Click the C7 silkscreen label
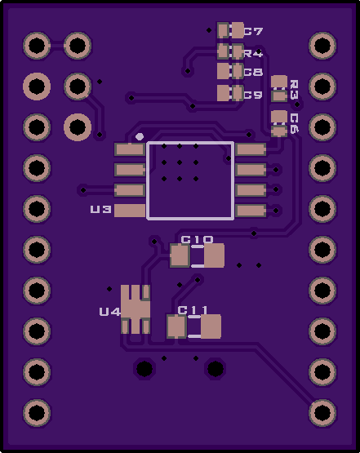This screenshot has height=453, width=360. click(253, 31)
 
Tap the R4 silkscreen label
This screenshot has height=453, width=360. click(253, 53)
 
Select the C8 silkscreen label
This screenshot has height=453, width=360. click(253, 72)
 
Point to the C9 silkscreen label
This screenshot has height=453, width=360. click(253, 95)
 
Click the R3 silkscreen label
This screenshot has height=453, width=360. click(294, 90)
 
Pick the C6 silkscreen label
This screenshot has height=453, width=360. click(294, 123)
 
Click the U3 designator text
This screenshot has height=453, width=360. click(101, 209)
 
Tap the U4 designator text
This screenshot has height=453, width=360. click(109, 312)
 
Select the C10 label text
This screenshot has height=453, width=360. click(197, 239)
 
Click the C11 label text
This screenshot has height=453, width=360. click(193, 310)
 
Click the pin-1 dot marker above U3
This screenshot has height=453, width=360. click(140, 136)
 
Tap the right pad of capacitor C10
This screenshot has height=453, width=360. click(214, 255)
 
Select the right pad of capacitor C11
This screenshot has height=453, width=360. click(211, 326)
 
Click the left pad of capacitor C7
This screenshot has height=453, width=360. click(223, 30)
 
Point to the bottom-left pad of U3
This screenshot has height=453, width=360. click(130, 211)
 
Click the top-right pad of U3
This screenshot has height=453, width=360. click(251, 149)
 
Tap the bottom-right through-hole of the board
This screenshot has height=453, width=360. click(322, 412)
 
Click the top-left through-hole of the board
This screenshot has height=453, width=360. click(37, 46)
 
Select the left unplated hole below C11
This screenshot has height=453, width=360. click(144, 368)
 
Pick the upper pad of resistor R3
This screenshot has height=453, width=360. click(279, 82)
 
